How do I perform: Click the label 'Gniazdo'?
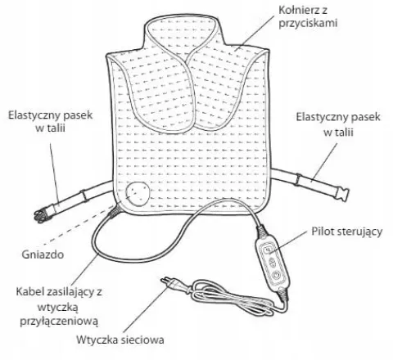[x=43, y=254]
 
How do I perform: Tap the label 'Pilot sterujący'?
[x=347, y=232]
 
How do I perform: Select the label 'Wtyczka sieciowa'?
[x=120, y=340]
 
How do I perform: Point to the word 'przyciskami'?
[x=308, y=23]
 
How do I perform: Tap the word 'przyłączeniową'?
[x=59, y=321]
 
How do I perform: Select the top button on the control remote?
[x=268, y=249]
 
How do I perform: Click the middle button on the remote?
[x=273, y=263]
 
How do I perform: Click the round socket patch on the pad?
[x=138, y=193]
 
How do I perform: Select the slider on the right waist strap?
[x=298, y=179]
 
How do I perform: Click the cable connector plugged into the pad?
[x=114, y=210]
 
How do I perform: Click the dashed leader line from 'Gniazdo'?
[x=79, y=223]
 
